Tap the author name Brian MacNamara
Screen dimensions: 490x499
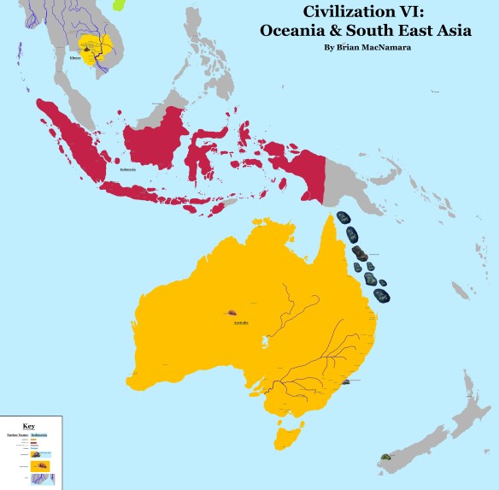368,46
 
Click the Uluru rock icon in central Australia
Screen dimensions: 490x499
232,314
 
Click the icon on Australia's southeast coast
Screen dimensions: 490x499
345,381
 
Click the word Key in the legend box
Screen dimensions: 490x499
29,425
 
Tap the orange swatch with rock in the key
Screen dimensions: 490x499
41,465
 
